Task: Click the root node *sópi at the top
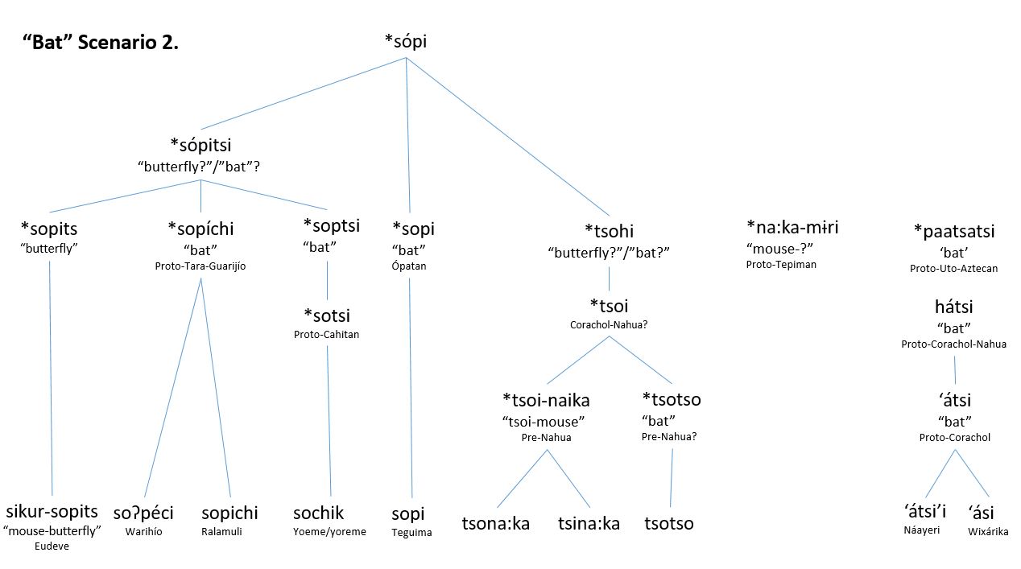tap(406, 41)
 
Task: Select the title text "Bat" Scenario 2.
tap(101, 43)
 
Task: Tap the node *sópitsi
tap(200, 145)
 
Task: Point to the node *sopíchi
tap(200, 229)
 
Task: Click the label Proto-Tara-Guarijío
tap(200, 266)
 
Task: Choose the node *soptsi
tap(331, 225)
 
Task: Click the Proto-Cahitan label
tap(327, 334)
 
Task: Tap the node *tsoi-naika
tap(546, 400)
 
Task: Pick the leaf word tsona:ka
tap(495, 523)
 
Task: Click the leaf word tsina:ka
tap(589, 523)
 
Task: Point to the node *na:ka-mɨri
tap(792, 227)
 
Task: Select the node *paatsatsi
tap(954, 232)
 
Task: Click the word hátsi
tap(954, 307)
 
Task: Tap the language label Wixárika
tap(988, 531)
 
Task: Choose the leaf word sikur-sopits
tap(52, 511)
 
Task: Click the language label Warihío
tap(145, 531)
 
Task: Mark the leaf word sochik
tap(318, 513)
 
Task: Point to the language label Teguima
tap(411, 532)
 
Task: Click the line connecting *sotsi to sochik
tap(328, 419)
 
